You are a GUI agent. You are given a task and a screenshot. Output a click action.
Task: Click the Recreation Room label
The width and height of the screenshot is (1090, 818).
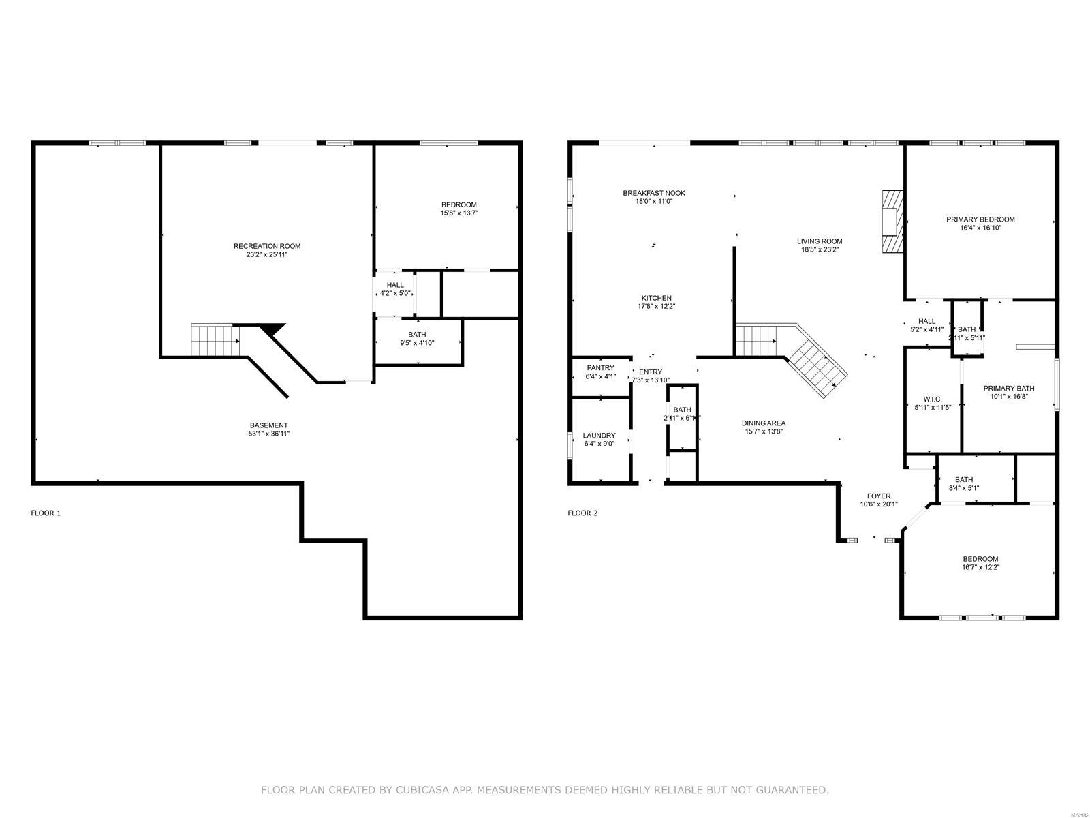pos(266,246)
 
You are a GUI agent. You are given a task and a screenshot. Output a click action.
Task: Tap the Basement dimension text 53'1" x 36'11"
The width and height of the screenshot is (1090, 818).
pos(269,434)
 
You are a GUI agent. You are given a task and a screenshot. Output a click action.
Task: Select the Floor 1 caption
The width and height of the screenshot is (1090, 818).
pos(46,513)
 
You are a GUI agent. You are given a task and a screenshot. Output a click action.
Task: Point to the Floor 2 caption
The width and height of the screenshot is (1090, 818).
pos(582,513)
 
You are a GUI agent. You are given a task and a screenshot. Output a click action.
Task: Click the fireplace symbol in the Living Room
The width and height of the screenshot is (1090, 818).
pos(892,222)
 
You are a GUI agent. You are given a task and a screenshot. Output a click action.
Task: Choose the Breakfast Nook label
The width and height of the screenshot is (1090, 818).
pos(653,193)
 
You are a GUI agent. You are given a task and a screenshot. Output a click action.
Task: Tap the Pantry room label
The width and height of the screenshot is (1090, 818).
pos(600,368)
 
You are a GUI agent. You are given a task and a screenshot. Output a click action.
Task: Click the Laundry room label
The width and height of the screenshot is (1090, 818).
pos(599,436)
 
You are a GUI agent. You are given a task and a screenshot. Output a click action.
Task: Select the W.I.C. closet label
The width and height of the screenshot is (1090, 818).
pos(932,399)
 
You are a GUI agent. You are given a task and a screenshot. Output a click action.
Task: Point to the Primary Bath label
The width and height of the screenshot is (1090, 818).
pos(1008,389)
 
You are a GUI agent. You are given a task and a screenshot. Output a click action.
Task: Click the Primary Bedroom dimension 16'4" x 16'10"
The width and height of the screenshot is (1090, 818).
pos(980,228)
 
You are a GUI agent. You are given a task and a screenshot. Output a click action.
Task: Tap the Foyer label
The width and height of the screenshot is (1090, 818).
pos(878,496)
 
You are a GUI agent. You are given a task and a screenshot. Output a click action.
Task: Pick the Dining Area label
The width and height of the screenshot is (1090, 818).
pos(763,423)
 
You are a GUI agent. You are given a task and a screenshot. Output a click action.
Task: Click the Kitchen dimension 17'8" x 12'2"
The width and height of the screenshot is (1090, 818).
pos(656,306)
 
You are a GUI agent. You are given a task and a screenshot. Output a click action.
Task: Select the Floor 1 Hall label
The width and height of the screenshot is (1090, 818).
pos(395,285)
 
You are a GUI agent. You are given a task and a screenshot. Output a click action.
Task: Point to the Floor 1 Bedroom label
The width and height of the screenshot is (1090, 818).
pos(458,204)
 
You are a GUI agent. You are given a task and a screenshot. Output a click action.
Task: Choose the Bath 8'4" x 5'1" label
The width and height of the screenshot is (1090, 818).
pos(963,479)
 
